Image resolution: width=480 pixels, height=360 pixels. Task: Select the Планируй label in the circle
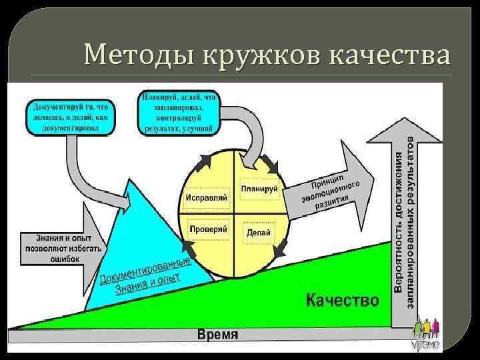[x=259, y=189]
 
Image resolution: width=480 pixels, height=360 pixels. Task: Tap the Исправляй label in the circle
[x=207, y=198]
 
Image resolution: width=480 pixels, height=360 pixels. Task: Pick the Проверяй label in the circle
[x=209, y=229]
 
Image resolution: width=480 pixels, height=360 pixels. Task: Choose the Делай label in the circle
[x=258, y=233]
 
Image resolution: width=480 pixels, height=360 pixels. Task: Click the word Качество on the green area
[x=342, y=299]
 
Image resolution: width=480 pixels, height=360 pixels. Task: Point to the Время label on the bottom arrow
[x=217, y=335]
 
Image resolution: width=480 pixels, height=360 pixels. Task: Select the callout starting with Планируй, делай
[x=177, y=112]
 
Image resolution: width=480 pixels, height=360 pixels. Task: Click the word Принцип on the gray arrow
[x=327, y=180]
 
